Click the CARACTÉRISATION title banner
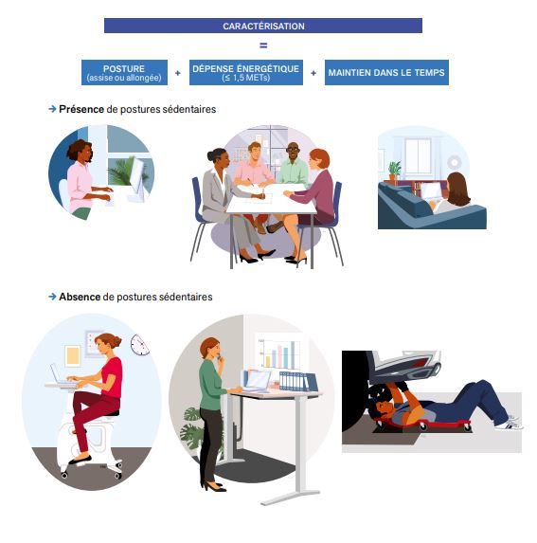pos(263,26)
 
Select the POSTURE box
pos(125,72)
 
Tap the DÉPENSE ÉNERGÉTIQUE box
pos(246,72)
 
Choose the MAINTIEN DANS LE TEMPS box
pos(386,72)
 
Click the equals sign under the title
pos(263,45)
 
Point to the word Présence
pos(81,109)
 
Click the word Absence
pos(80,297)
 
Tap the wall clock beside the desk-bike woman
pos(140,345)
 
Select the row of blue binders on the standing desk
pos(298,381)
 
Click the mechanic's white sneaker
pos(509,425)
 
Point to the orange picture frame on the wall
pos(72,356)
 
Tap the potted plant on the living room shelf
pos(394,171)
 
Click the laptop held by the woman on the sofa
pos(430,191)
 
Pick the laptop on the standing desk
pos(258,380)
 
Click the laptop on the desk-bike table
pos(60,374)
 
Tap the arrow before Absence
pos(52,297)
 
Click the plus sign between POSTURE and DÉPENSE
pos(178,73)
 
